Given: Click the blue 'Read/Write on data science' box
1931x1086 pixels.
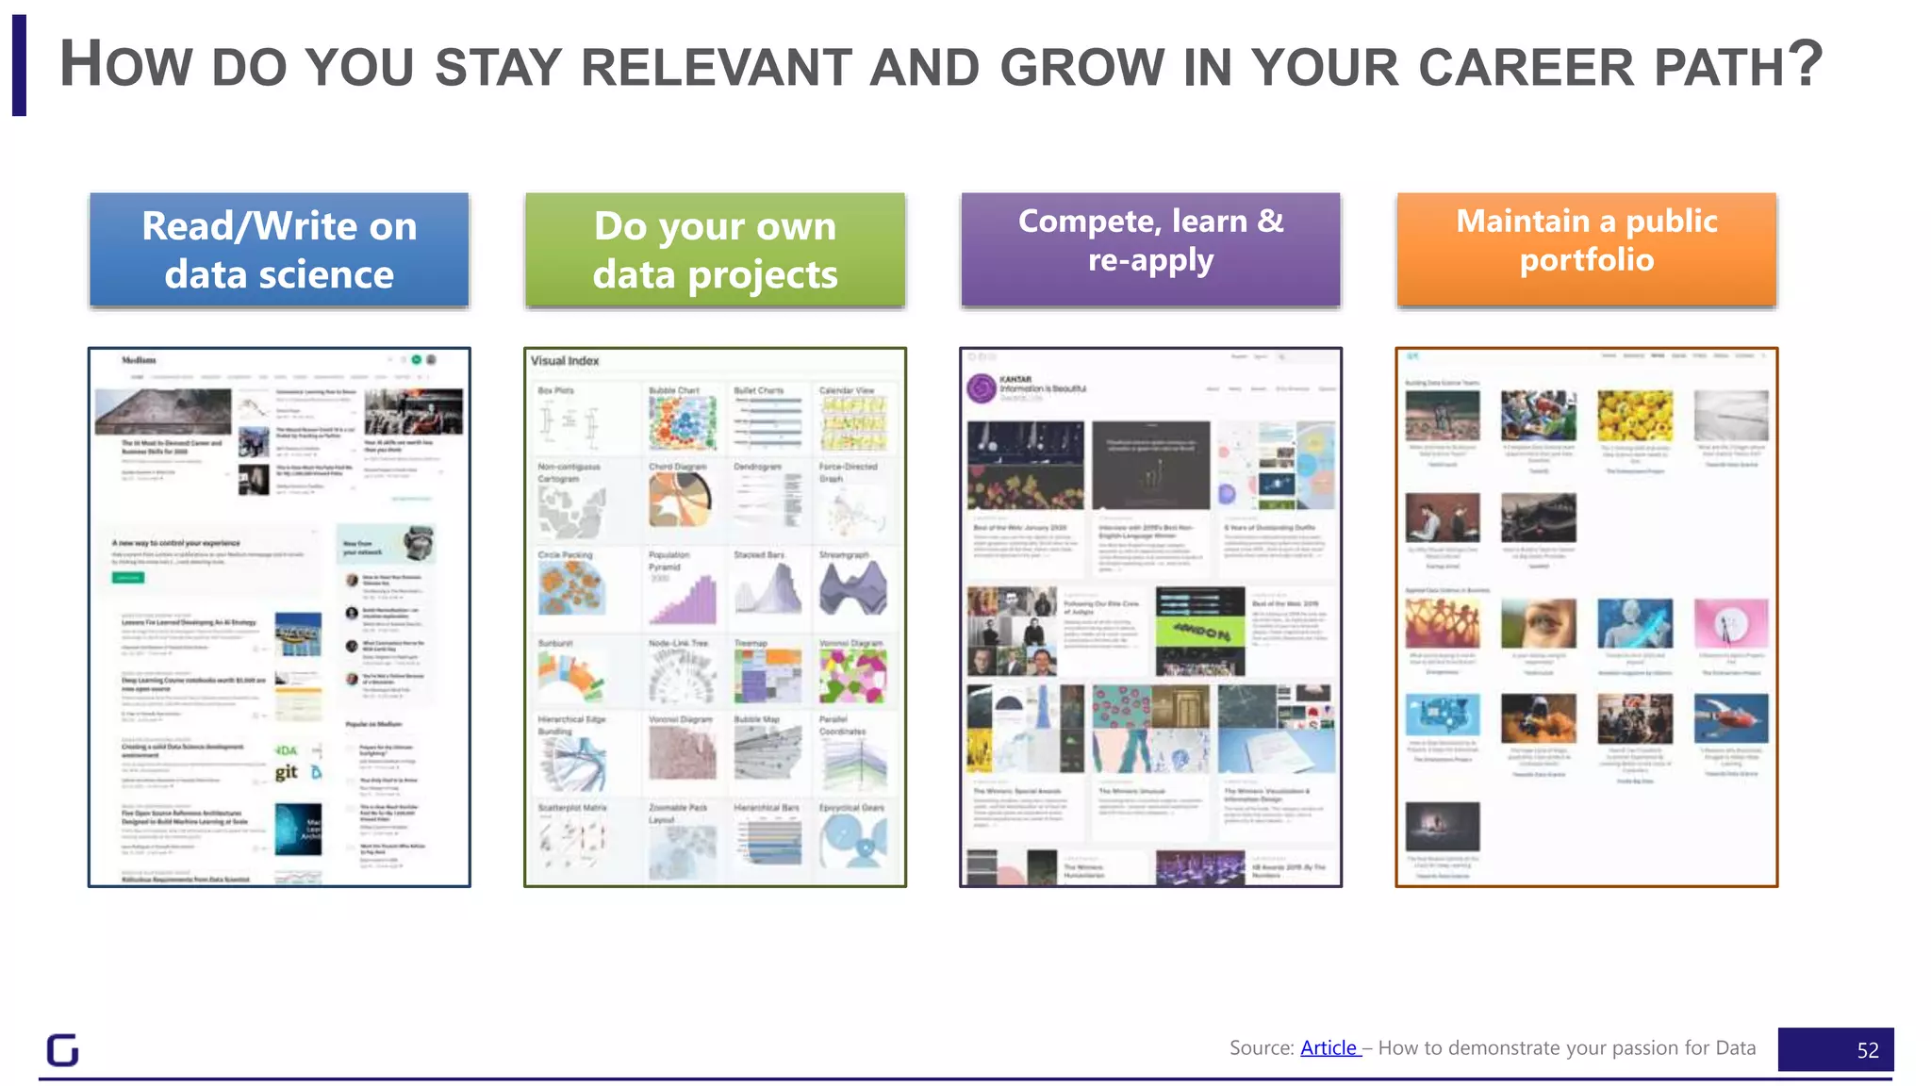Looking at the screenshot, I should [279, 250].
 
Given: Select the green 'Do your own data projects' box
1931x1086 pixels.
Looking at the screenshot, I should [715, 250].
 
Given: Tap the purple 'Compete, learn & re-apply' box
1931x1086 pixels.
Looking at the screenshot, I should [1150, 250].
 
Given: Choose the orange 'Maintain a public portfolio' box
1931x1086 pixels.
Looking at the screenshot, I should [1586, 250].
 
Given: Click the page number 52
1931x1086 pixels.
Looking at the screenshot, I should [1867, 1050].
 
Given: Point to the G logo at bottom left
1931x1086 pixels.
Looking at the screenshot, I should [63, 1049].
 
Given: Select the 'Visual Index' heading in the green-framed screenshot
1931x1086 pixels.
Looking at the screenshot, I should [564, 360].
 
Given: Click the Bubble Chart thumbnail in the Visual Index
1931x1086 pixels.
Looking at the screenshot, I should [682, 423].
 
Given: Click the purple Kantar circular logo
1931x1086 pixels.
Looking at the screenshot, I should [982, 388].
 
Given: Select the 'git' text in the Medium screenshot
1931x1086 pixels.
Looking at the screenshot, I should [287, 772].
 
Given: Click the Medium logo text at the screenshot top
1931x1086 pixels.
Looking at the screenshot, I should [139, 360].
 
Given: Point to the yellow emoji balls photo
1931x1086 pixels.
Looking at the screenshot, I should [1635, 415].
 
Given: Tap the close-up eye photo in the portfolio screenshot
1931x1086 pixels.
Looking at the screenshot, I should [1538, 623].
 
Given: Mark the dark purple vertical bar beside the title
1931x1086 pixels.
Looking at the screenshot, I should [19, 65].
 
